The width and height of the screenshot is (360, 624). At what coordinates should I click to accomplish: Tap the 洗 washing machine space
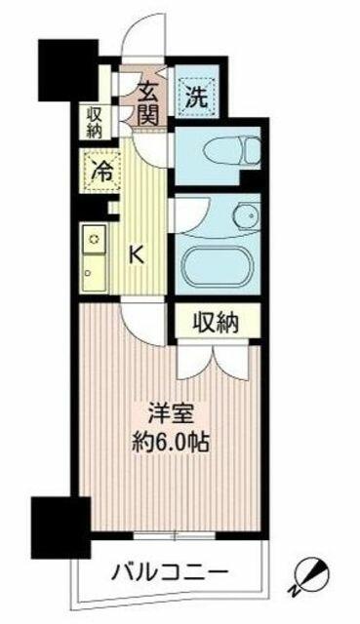[197, 97]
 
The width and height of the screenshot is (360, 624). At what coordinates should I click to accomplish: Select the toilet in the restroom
[232, 150]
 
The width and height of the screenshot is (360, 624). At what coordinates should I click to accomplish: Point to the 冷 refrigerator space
[101, 172]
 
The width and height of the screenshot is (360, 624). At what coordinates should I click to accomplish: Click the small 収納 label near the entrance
[95, 122]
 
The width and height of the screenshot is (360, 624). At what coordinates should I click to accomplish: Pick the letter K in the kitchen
[137, 254]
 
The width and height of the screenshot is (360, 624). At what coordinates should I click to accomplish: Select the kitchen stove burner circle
[95, 239]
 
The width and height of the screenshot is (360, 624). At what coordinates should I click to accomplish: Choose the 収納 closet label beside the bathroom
[216, 322]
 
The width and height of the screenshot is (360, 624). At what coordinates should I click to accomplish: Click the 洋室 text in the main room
[172, 414]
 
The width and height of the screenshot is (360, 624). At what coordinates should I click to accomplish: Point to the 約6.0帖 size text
[171, 442]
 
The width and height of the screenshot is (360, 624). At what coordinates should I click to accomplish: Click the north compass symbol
[311, 574]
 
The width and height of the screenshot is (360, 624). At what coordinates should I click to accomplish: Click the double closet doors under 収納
[214, 360]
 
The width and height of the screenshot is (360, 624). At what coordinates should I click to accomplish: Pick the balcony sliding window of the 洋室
[175, 535]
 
